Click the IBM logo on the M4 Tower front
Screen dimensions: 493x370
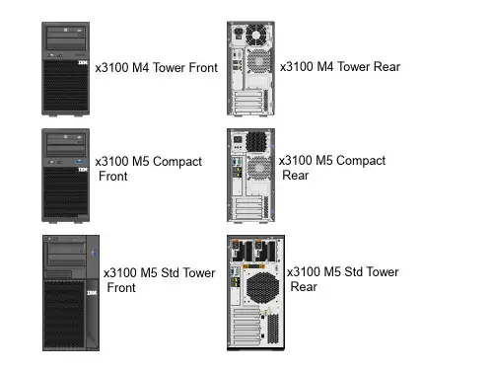coord(83,62)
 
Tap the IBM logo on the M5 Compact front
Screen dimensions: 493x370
coord(83,170)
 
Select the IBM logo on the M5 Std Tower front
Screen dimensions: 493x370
coord(92,293)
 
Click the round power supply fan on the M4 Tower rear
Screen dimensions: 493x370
coord(257,35)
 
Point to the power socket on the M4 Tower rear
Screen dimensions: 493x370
coord(238,33)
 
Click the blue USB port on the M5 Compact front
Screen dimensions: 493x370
coord(79,162)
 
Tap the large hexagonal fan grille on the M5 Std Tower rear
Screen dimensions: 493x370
coord(262,288)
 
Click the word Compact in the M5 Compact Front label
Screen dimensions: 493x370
coord(177,162)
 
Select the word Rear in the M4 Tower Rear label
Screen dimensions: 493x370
coord(387,67)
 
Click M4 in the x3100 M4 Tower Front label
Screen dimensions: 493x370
coord(140,68)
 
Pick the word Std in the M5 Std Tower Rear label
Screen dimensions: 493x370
coord(353,272)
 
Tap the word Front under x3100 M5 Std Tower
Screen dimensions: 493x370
coord(121,288)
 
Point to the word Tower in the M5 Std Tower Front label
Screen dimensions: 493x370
coord(199,273)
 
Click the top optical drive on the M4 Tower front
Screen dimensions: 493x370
coord(66,33)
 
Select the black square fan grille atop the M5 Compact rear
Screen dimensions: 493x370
coord(255,142)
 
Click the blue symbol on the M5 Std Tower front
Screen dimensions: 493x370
coord(94,253)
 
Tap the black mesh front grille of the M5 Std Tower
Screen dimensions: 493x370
coord(64,314)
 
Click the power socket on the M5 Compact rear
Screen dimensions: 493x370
coord(238,139)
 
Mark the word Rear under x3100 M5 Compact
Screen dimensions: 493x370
coord(296,176)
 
